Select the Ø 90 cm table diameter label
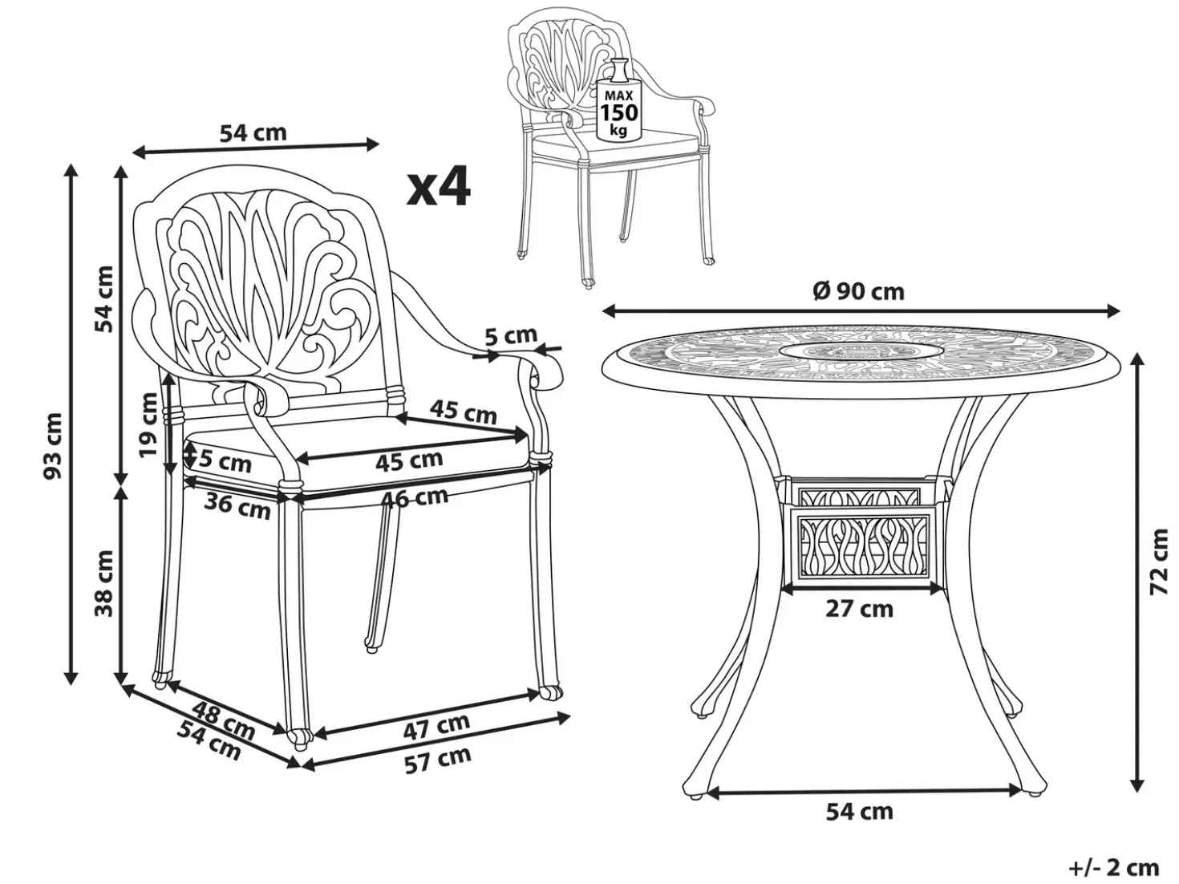pyautogui.click(x=859, y=292)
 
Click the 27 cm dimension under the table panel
pyautogui.click(x=860, y=609)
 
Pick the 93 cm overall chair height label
pyautogui.click(x=54, y=445)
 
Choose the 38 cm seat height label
pyautogui.click(x=104, y=583)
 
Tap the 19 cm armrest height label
pyautogui.click(x=149, y=425)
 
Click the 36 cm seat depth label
pyautogui.click(x=237, y=506)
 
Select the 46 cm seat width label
pyautogui.click(x=414, y=497)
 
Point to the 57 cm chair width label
pyautogui.click(x=438, y=760)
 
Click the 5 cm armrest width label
pyautogui.click(x=511, y=335)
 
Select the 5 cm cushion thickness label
pyautogui.click(x=225, y=462)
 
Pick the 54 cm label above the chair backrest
pyautogui.click(x=253, y=133)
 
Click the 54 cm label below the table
pyautogui.click(x=860, y=812)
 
